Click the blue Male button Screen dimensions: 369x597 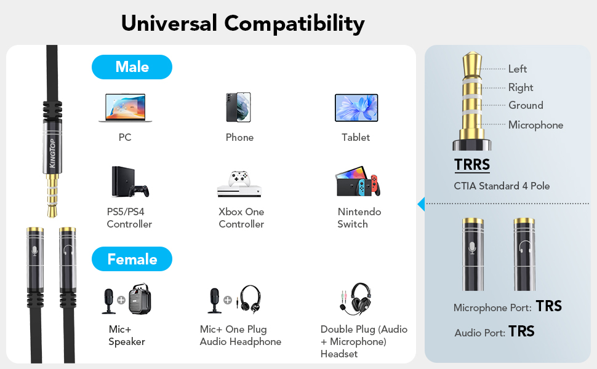(132, 66)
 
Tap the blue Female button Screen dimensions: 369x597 (132, 259)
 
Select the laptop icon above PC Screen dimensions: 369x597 (125, 108)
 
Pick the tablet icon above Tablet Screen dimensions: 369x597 (356, 108)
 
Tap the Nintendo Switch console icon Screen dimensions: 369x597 (357, 181)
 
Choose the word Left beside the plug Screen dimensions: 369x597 (518, 69)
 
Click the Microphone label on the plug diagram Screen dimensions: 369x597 (535, 125)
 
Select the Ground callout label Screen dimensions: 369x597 (526, 105)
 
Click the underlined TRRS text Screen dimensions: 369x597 (472, 165)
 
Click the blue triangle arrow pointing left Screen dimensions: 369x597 (421, 204)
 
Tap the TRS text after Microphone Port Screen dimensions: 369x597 (548, 306)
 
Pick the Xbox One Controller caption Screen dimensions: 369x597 (241, 218)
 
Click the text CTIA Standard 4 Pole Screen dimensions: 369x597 (502, 186)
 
